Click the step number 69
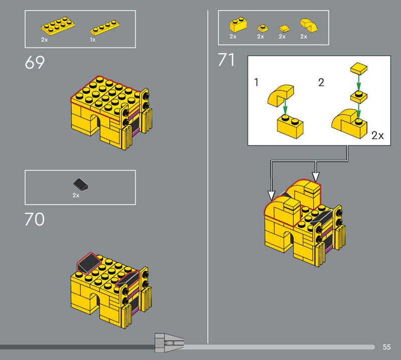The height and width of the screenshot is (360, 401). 35,62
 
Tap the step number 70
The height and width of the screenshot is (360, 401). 35,219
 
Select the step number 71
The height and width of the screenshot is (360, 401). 226,60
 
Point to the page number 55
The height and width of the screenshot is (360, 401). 386,347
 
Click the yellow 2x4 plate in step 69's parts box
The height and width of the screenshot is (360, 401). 58,26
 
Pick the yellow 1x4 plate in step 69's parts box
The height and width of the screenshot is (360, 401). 105,28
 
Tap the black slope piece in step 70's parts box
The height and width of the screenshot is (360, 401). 80,185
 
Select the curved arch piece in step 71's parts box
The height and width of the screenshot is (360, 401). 309,26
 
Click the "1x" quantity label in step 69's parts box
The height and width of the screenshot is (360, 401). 93,40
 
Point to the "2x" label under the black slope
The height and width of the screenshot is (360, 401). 76,195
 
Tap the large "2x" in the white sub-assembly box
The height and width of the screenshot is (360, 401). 377,135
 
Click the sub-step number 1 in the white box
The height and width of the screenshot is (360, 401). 256,82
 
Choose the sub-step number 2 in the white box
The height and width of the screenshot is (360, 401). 321,82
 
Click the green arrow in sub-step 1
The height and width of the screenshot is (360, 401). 285,108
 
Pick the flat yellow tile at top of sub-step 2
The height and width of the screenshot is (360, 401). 359,68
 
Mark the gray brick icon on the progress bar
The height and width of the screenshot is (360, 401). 169,343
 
